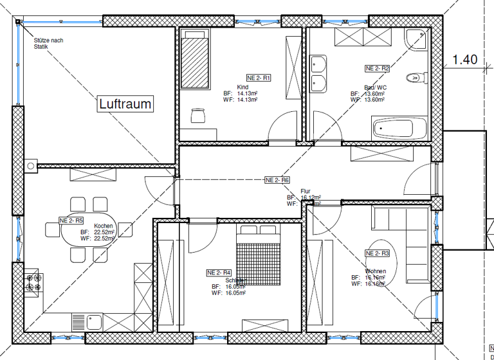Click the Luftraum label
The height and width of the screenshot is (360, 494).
coord(125,104)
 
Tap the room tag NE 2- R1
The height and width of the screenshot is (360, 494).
coord(259,77)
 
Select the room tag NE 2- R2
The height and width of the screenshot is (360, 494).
coord(378,68)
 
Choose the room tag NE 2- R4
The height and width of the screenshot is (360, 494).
coord(219,272)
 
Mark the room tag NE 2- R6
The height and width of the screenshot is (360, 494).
coord(277,181)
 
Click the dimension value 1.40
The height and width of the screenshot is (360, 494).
coord(465,60)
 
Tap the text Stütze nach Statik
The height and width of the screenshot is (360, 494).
coord(48,43)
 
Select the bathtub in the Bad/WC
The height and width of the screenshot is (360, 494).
coord(400,129)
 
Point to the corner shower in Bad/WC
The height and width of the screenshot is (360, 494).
coord(416,40)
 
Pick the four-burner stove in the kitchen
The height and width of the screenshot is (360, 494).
coord(33,281)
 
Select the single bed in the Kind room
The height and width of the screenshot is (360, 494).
coord(194,62)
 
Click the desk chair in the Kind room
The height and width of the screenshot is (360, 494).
coord(197,115)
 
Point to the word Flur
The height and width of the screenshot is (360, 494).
coord(306,191)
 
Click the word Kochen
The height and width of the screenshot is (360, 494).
coord(104,226)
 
